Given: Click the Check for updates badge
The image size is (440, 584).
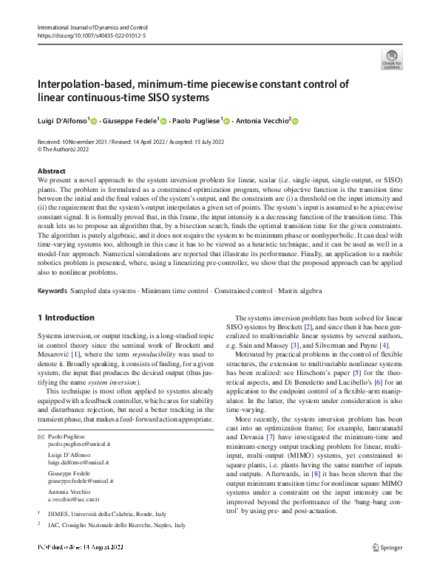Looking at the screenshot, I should point(390,59).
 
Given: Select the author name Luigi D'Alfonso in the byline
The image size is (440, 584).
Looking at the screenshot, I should point(62,120).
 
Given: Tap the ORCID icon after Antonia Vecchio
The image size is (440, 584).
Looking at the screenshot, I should point(295,120).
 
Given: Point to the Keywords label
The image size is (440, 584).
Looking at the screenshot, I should point(53,291).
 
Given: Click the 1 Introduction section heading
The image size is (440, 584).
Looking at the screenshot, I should point(66,317).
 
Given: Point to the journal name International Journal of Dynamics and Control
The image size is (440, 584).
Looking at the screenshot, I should point(88,27).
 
